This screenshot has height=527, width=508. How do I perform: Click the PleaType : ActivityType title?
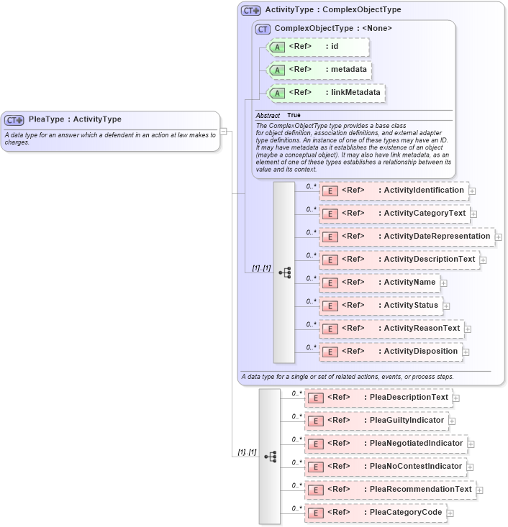click(75, 119)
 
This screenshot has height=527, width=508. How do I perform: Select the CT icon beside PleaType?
click(14, 120)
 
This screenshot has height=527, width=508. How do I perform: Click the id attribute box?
click(318, 47)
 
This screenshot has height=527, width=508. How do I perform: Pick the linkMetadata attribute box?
click(326, 93)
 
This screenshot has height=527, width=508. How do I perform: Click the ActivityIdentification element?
click(394, 191)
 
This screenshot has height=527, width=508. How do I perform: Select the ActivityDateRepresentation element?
click(406, 237)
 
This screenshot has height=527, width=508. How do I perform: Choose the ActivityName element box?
click(379, 283)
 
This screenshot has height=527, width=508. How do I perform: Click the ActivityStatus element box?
click(381, 306)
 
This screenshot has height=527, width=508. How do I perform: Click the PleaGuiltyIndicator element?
click(376, 421)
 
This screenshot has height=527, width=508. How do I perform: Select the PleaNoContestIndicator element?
click(385, 467)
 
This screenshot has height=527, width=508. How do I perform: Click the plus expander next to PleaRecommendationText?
click(480, 490)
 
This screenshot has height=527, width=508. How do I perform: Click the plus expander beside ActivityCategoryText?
click(473, 214)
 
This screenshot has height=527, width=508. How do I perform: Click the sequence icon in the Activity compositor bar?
click(284, 272)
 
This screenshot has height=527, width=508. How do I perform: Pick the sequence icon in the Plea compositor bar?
click(270, 457)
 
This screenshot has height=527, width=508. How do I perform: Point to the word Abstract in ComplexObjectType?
click(268, 115)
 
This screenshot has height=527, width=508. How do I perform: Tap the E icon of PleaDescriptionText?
click(314, 398)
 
